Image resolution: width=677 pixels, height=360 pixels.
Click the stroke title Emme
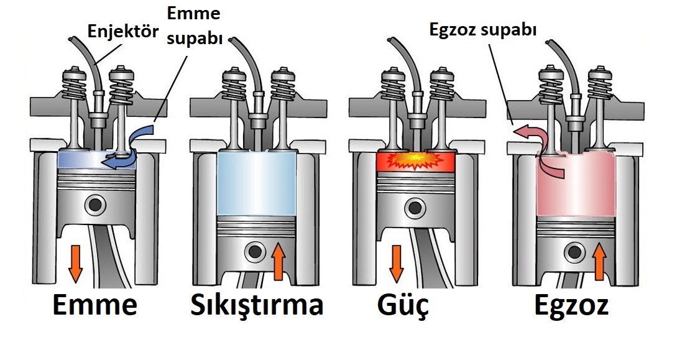(94, 306)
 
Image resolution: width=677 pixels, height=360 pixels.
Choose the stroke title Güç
(403, 306)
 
